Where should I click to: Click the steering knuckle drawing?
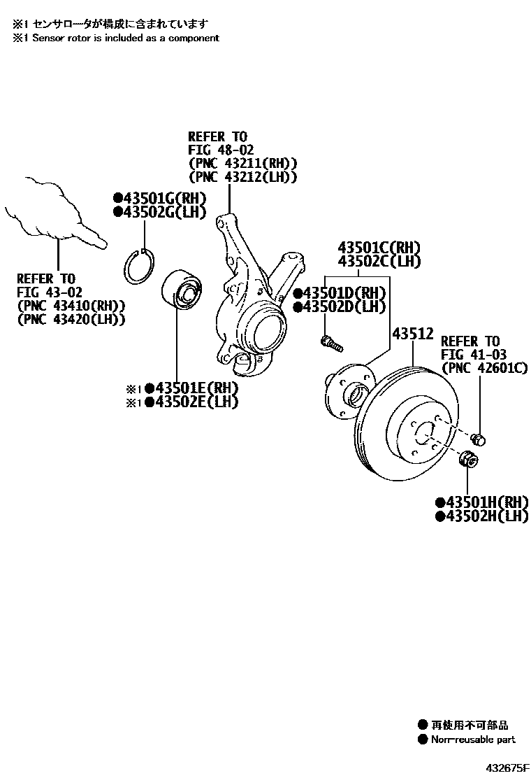point(252,301)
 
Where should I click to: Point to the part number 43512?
point(412,334)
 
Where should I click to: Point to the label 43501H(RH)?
point(480,502)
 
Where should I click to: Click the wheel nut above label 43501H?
point(469,461)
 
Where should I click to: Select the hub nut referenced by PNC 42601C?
point(479,439)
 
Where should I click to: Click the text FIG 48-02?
point(220,150)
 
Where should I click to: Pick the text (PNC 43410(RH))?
point(71,305)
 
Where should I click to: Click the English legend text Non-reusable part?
point(472,739)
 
